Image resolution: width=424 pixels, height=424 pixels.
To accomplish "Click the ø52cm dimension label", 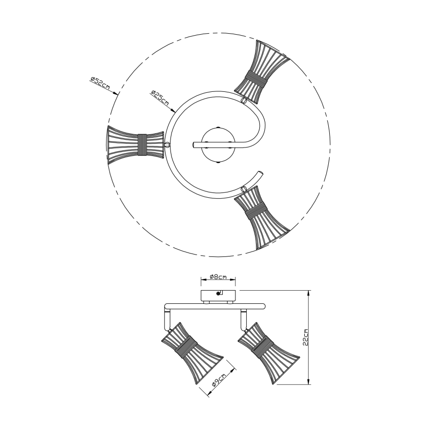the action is click(x=100, y=83).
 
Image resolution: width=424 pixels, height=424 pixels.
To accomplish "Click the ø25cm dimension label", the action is click(x=160, y=98).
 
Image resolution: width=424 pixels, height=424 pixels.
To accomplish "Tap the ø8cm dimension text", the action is click(x=218, y=276).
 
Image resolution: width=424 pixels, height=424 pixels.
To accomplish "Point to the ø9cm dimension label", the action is click(x=219, y=381).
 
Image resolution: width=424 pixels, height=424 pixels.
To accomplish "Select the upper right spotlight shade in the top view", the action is click(x=261, y=72).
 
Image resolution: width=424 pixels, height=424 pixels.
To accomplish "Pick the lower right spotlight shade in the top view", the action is click(x=261, y=217).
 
